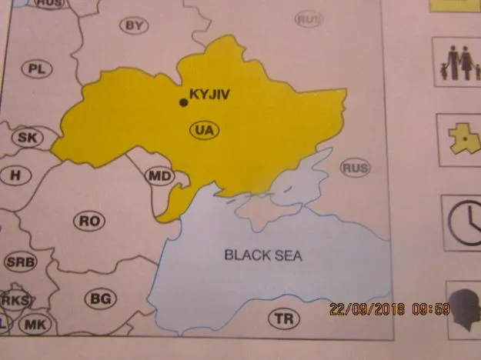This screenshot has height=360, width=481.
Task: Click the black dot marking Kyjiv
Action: click(183, 102)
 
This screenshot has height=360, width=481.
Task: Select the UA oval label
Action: click(204, 130)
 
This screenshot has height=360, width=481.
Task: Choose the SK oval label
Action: click(27, 138)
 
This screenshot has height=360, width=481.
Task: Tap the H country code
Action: click(15, 175)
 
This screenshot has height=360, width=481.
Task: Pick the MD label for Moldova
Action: click(160, 177)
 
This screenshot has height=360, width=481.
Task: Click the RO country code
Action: click(90, 222)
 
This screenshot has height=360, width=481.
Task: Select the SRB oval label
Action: click(20, 262)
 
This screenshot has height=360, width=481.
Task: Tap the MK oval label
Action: click(35, 325)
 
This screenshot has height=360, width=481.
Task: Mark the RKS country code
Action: click(15, 300)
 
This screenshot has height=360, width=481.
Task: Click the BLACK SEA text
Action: click(263, 255)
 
